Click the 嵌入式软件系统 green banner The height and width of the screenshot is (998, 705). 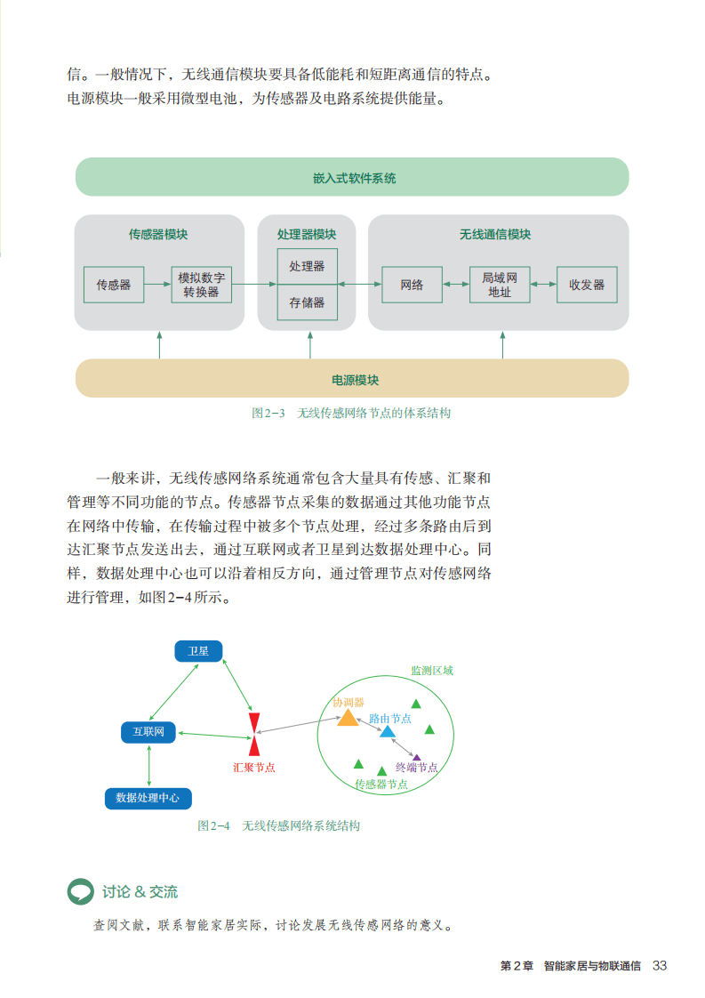click(352, 177)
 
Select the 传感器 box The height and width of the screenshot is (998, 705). click(114, 285)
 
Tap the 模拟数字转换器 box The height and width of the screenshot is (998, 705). click(201, 285)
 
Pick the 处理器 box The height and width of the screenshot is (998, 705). click(307, 266)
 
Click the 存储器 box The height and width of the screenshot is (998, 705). click(307, 302)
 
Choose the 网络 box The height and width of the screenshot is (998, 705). click(412, 285)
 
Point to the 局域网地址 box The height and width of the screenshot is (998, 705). click(500, 285)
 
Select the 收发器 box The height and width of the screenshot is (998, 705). click(587, 285)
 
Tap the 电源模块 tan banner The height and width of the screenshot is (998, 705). click(352, 379)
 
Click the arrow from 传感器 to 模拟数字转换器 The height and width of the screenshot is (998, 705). click(157, 285)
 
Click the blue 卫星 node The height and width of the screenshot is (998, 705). click(198, 651)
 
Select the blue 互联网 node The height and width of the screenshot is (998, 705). click(148, 732)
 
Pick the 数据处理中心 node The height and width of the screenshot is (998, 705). click(148, 798)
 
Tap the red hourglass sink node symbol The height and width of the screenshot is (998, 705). click(254, 733)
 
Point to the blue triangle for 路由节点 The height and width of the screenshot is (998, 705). click(388, 732)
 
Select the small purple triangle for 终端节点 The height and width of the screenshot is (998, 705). click(417, 757)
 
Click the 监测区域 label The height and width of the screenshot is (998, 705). click(431, 671)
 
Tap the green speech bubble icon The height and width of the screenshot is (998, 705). click(80, 890)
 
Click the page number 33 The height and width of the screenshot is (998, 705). click(660, 966)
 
